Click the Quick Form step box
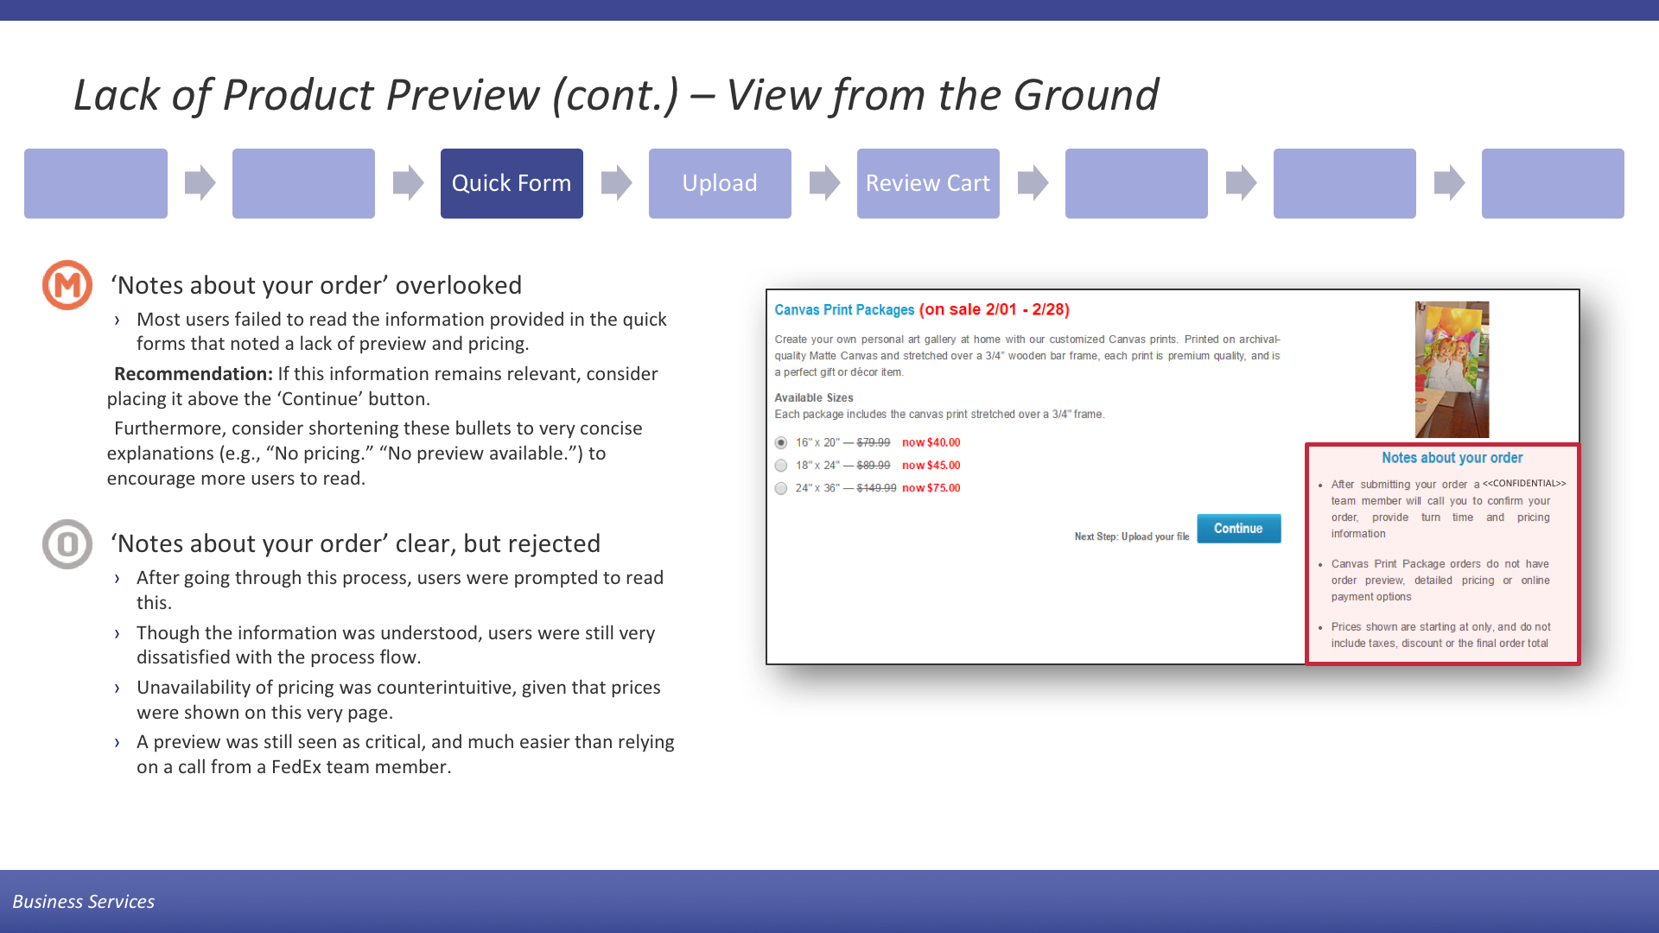pyautogui.click(x=512, y=183)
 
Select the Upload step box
pyautogui.click(x=720, y=183)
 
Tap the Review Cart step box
pyautogui.click(x=928, y=183)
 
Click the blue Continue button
pyautogui.click(x=1238, y=529)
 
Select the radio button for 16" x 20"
pyautogui.click(x=781, y=443)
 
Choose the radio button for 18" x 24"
pyautogui.click(x=781, y=466)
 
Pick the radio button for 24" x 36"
pyautogui.click(x=781, y=488)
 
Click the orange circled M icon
pyautogui.click(x=67, y=285)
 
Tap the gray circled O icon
pyautogui.click(x=67, y=544)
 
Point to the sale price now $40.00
pyautogui.click(x=931, y=442)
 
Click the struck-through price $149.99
pyautogui.click(x=876, y=488)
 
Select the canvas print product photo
pyautogui.click(x=1452, y=370)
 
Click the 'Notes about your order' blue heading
pyautogui.click(x=1452, y=458)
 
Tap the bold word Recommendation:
pyautogui.click(x=194, y=374)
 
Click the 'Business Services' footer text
pyautogui.click(x=84, y=902)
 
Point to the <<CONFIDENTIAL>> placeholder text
pyautogui.click(x=1524, y=483)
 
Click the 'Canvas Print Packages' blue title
pyautogui.click(x=844, y=310)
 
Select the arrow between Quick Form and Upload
pyautogui.click(x=616, y=183)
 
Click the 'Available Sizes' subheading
pyautogui.click(x=814, y=398)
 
